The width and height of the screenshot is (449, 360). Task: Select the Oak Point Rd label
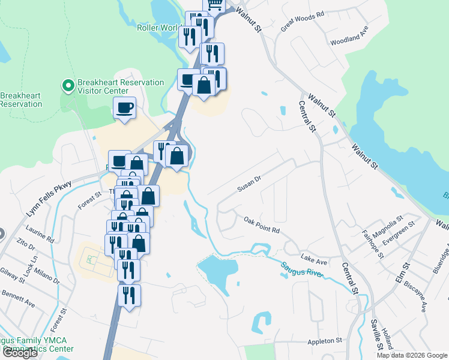[x=262, y=226]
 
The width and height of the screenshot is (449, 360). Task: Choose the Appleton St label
[x=324, y=340]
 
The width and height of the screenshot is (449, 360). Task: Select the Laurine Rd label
[x=40, y=235]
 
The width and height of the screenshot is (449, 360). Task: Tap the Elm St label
[x=406, y=268]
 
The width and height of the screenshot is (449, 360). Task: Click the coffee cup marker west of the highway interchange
[x=125, y=109]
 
